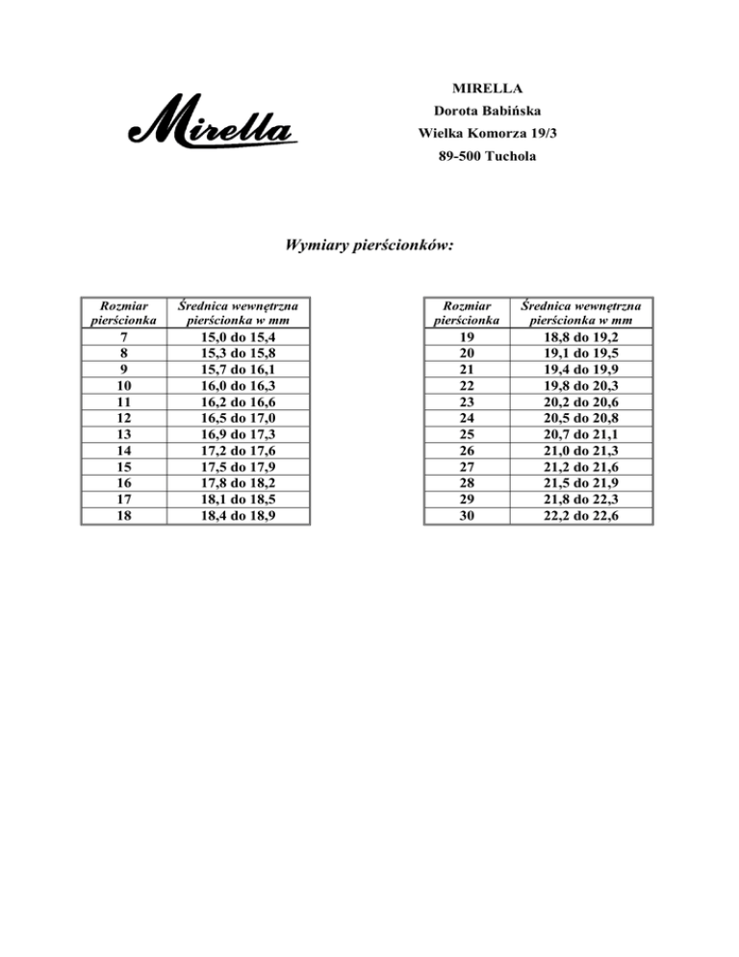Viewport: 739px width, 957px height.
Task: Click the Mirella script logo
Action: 209,122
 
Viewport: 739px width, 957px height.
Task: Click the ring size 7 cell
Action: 124,337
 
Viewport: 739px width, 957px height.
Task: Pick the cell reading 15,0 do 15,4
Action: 239,337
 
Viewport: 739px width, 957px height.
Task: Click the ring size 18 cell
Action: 124,515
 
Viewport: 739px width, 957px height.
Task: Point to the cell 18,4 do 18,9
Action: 239,515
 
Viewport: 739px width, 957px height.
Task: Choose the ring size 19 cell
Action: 467,337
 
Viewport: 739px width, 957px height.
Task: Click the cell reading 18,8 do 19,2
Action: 580,337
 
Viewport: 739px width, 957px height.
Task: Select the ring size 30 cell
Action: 467,515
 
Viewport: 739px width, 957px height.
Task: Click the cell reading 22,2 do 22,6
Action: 580,515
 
